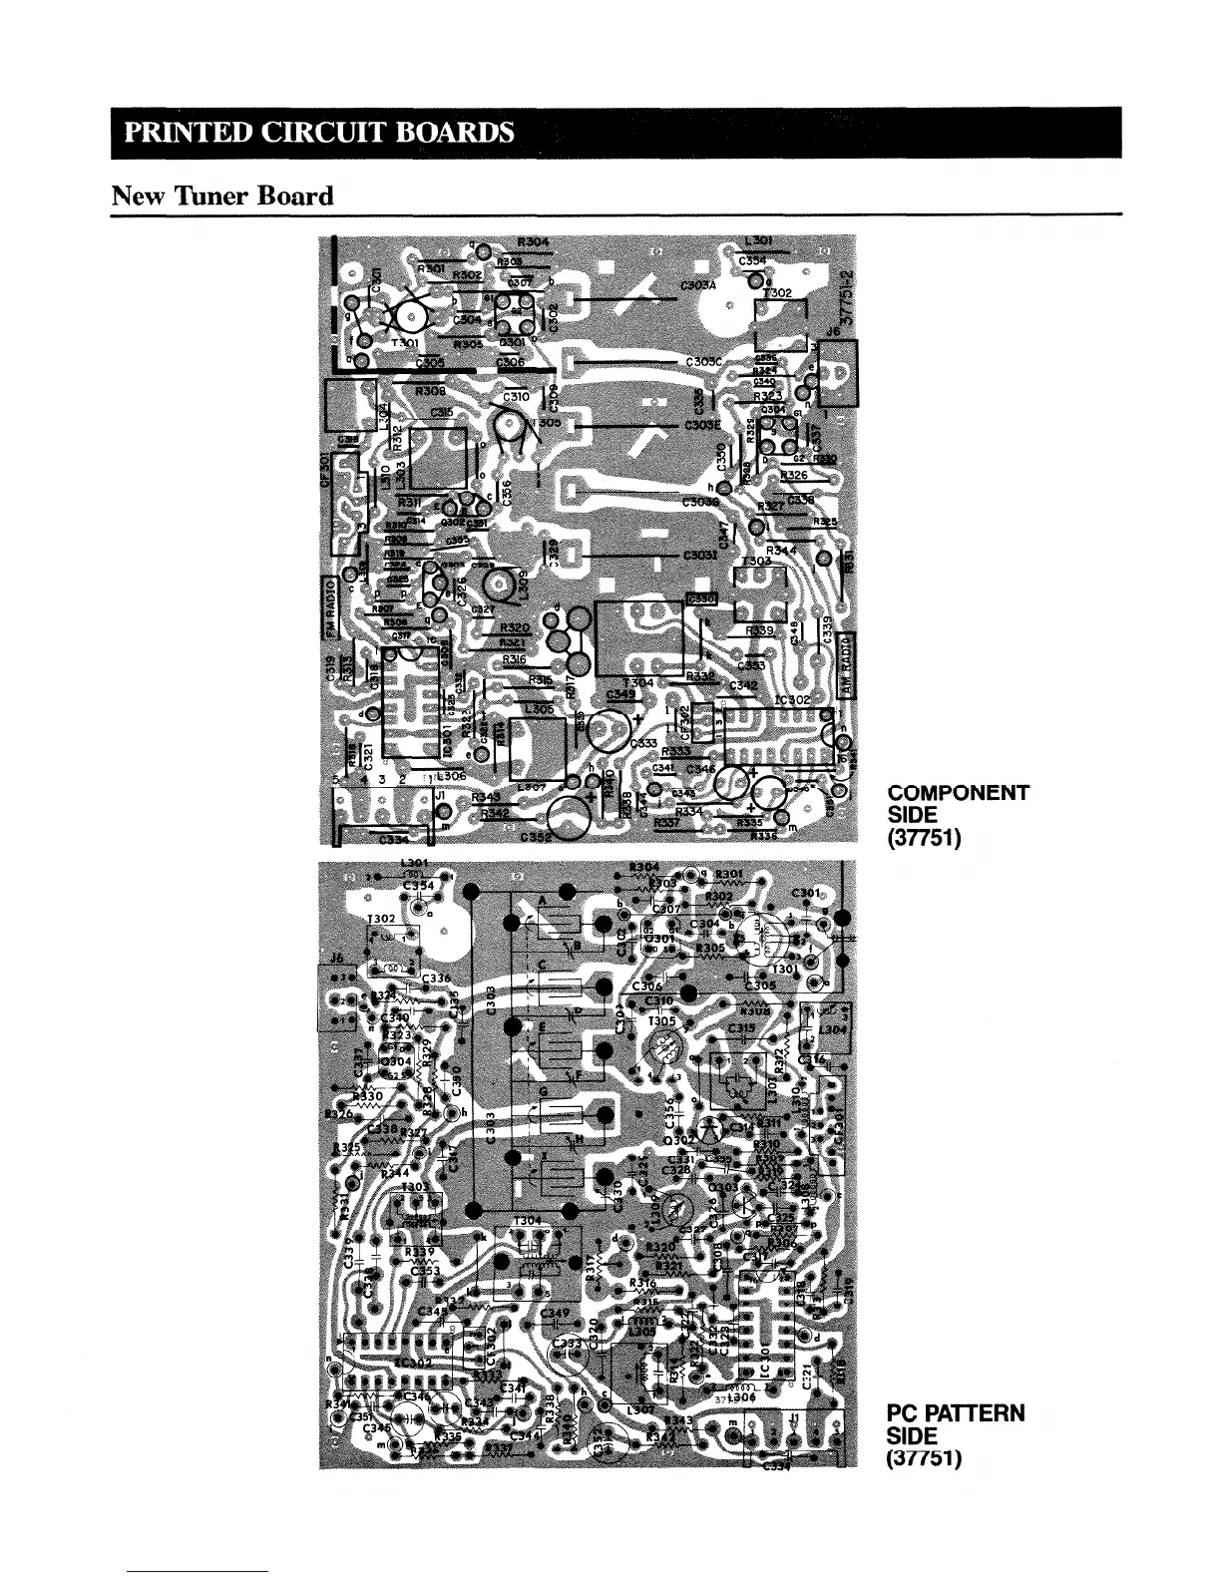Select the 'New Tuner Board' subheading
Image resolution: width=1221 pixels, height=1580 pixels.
coord(221,195)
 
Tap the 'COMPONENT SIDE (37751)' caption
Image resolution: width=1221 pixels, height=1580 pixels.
coord(957,815)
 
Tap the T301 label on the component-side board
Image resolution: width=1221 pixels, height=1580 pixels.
coord(405,344)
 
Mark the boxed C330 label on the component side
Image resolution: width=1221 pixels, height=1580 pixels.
coord(701,597)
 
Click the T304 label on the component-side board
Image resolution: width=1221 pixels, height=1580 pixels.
coord(637,682)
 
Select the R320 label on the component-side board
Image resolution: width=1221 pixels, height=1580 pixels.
coord(515,627)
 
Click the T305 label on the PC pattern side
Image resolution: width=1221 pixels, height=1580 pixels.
coord(661,1020)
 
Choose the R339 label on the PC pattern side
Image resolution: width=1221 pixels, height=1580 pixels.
coord(417,1251)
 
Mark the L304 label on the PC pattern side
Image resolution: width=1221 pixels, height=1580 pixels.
coord(831,1029)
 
